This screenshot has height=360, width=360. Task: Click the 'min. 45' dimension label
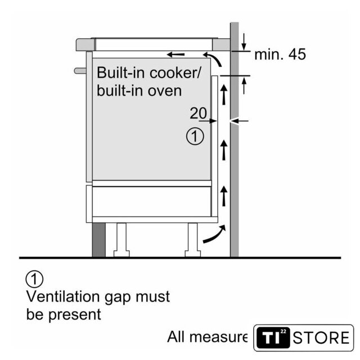pos(280,55)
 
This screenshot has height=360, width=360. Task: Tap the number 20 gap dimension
pos(198,113)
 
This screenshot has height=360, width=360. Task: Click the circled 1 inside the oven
pos(195,137)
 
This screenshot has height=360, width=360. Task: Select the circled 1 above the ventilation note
pos(34,278)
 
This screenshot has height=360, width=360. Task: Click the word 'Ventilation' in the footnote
pos(64,296)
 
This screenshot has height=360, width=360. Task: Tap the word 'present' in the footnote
pos(75,314)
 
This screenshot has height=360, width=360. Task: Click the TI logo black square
pos(273,338)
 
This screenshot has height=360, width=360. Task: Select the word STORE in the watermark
pos(321,338)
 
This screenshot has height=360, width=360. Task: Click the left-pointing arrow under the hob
pos(175,55)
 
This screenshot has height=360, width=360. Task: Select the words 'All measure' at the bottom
pos(207,337)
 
